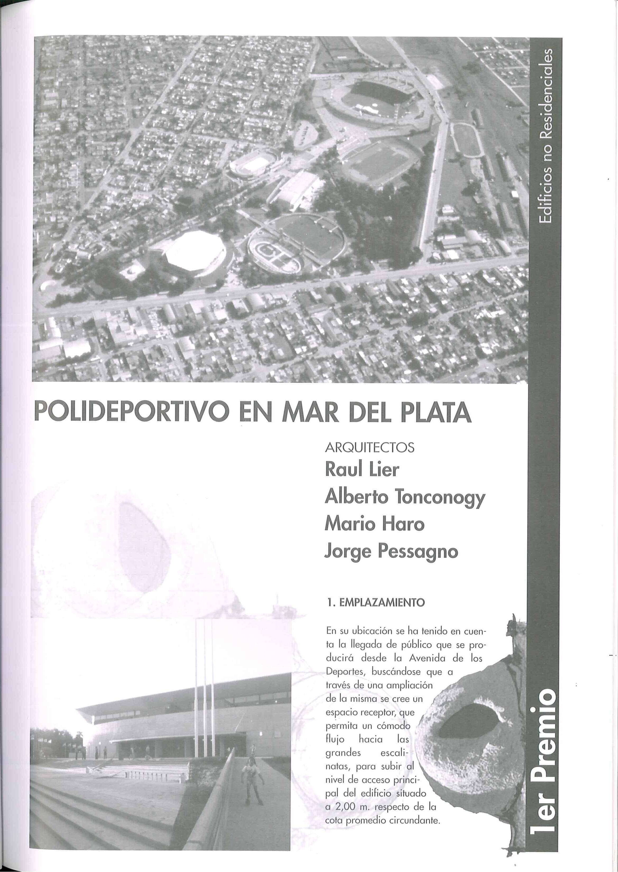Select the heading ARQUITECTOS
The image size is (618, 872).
(370, 448)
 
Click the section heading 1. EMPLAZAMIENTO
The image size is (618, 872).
(376, 603)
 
